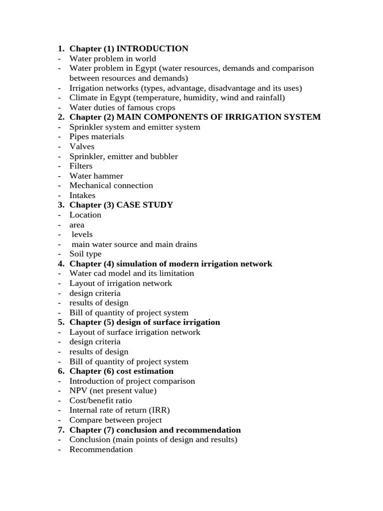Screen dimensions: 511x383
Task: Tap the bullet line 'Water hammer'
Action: [x=96, y=176]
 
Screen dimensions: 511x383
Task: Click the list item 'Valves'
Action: [x=82, y=147]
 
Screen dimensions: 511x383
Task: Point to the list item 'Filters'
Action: [x=81, y=166]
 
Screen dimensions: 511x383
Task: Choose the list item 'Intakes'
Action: [x=82, y=196]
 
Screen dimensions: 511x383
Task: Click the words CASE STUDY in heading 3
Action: [x=145, y=205]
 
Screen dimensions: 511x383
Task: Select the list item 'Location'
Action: [x=85, y=215]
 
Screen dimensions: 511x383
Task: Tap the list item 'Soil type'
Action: [x=85, y=254]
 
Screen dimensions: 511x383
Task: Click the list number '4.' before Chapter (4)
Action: [x=61, y=264]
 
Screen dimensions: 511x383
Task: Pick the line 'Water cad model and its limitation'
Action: [x=132, y=273]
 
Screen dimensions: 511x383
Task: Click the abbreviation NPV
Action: [x=78, y=391]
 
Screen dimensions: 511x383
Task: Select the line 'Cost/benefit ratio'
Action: [x=101, y=401]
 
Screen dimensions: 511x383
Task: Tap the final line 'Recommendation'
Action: [x=101, y=450]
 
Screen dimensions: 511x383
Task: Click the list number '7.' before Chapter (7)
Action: [x=61, y=430]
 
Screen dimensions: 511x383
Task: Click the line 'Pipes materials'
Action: [x=97, y=137]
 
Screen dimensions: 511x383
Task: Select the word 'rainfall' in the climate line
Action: [x=268, y=98]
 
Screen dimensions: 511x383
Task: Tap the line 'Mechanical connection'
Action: [x=111, y=186]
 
